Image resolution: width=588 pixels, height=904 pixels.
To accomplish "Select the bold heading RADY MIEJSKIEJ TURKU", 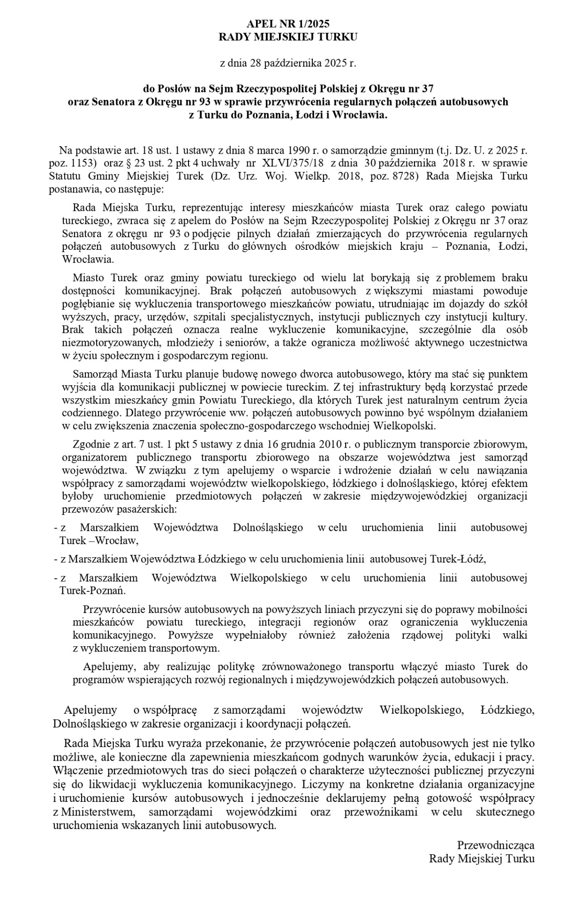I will pyautogui.click(x=288, y=37).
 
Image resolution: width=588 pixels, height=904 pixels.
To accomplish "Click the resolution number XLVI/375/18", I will pyautogui.click(x=292, y=164).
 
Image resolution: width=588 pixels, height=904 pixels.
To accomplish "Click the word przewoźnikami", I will pyautogui.click(x=380, y=812).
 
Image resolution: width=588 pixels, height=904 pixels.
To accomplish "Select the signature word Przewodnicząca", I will pyautogui.click(x=496, y=845).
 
